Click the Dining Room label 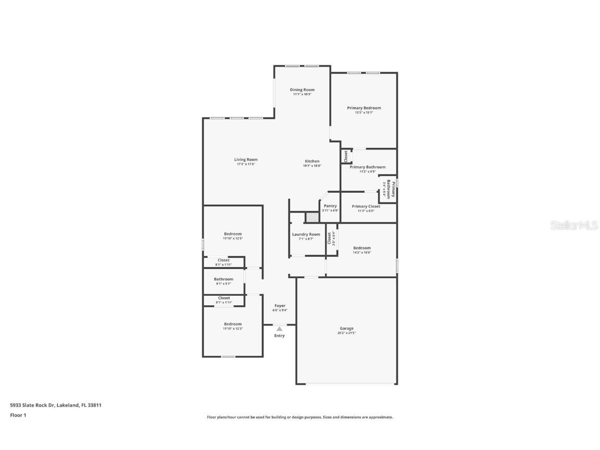tap(302, 90)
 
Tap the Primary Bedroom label tap(364, 108)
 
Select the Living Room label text tap(246, 160)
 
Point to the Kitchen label tap(312, 161)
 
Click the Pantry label tap(330, 206)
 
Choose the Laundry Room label tap(306, 234)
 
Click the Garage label tap(347, 328)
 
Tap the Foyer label tap(280, 306)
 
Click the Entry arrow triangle tap(280, 329)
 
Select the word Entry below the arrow tap(280, 336)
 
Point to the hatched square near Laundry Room tap(311, 217)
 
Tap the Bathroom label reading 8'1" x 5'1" tap(223, 279)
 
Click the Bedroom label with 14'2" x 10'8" tap(362, 248)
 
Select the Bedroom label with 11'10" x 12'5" tap(233, 234)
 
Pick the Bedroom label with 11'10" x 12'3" tap(233, 324)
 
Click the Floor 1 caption tap(18, 415)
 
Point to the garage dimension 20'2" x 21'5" tap(347, 333)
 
